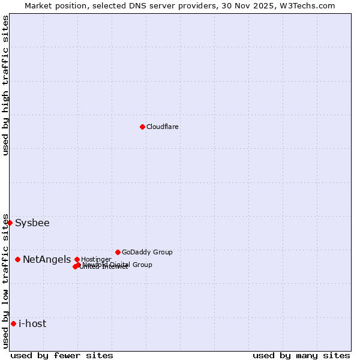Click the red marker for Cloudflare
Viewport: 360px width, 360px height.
coord(142,127)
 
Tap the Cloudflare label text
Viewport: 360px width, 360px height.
coord(163,127)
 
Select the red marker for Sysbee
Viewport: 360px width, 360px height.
coord(10,223)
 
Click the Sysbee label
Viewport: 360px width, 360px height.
coord(32,223)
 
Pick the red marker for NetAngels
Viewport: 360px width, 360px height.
coord(18,259)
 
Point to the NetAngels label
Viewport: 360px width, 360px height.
coord(47,259)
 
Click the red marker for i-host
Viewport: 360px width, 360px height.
coord(13,323)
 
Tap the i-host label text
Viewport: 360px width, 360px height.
coord(32,324)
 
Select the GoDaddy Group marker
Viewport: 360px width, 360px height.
coord(118,252)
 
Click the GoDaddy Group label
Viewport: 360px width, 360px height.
coord(147,252)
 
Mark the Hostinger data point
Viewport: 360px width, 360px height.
coord(77,259)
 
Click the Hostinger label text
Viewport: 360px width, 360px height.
coord(96,259)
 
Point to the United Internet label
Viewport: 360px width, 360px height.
coord(104,267)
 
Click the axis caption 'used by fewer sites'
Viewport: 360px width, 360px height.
coord(62,355)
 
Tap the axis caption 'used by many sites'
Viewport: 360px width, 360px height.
coord(301,355)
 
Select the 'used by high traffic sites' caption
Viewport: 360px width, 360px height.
coord(5,85)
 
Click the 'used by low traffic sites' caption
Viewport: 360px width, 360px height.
coord(5,281)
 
